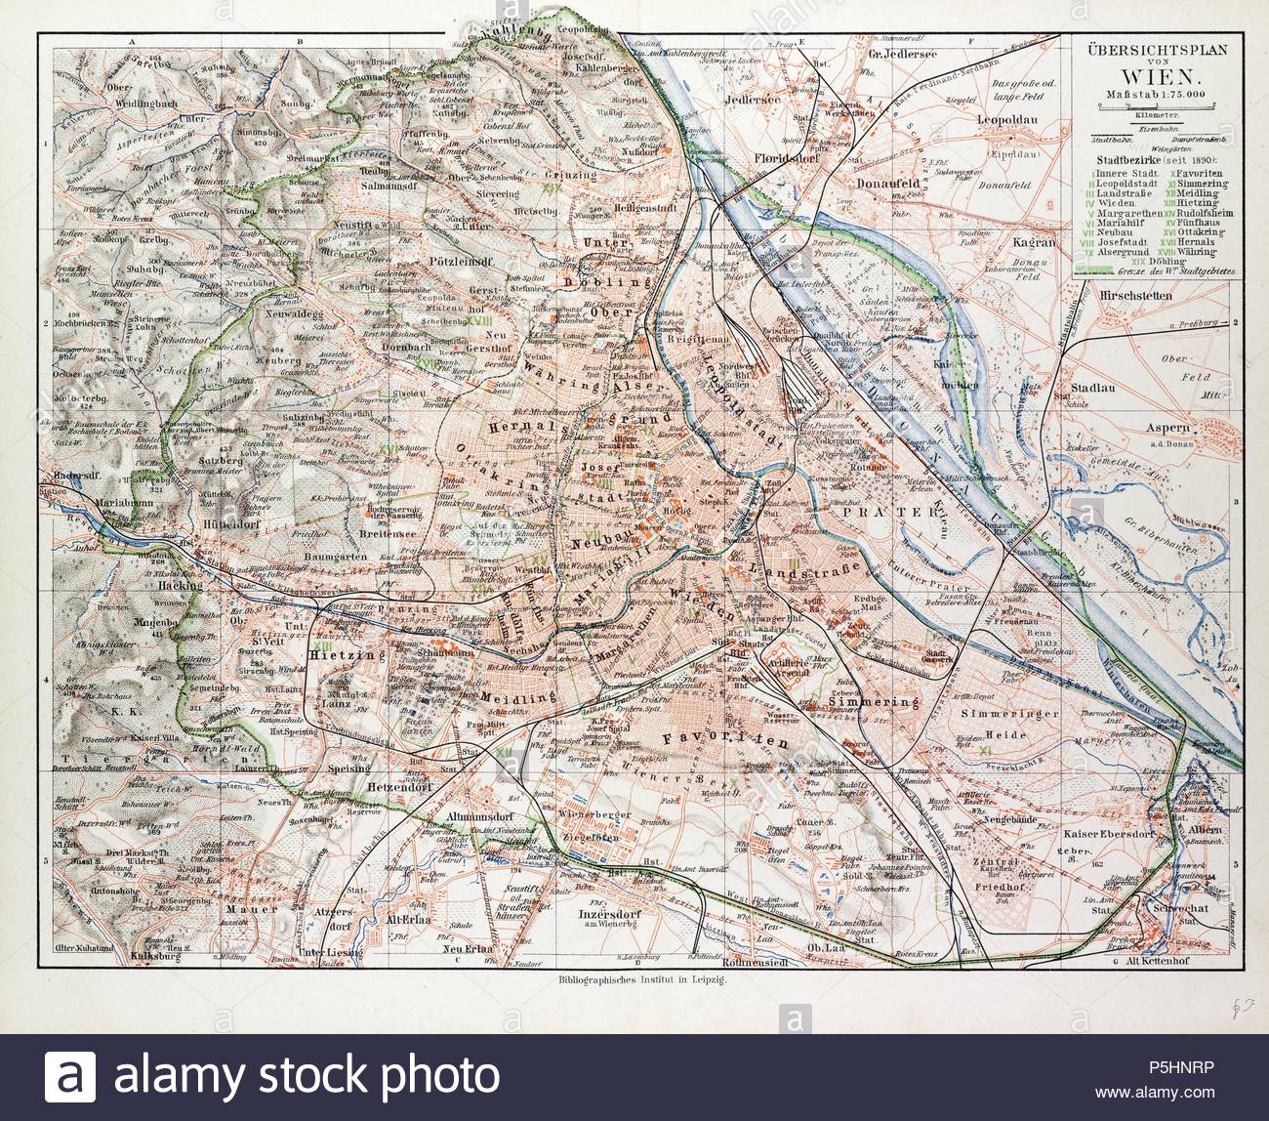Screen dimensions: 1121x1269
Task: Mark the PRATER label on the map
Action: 879,510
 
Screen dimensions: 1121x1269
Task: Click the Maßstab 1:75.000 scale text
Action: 1155,94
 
